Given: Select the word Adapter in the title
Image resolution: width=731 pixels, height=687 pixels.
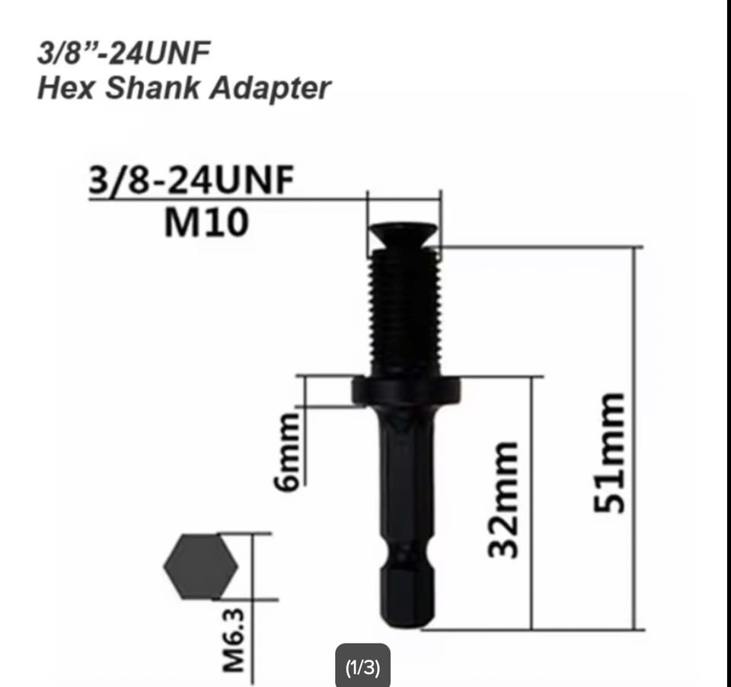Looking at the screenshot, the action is (270, 88).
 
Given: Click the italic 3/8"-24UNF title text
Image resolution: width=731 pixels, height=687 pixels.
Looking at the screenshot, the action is (123, 52).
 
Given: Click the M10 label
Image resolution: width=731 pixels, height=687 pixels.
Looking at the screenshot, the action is (206, 223).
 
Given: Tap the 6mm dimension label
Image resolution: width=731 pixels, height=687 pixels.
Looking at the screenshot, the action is (286, 451).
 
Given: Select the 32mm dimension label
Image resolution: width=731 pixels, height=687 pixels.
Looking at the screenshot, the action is (502, 499).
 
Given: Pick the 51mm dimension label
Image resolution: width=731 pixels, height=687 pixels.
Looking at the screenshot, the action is (608, 453).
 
